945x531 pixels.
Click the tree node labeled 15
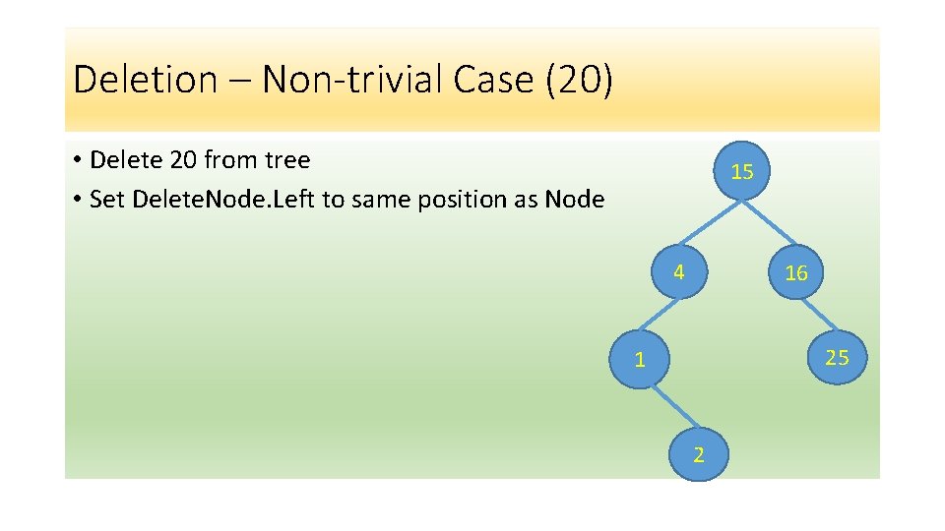[x=742, y=172]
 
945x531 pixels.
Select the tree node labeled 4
[x=679, y=272]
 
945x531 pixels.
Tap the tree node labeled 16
[x=795, y=273]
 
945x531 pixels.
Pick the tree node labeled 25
[x=837, y=357]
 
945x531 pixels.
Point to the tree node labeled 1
[x=640, y=360]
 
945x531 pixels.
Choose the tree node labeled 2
[x=698, y=454]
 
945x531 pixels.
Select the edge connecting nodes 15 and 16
[x=770, y=223]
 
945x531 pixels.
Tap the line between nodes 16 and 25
[x=816, y=315]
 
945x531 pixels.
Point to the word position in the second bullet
[x=468, y=200]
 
